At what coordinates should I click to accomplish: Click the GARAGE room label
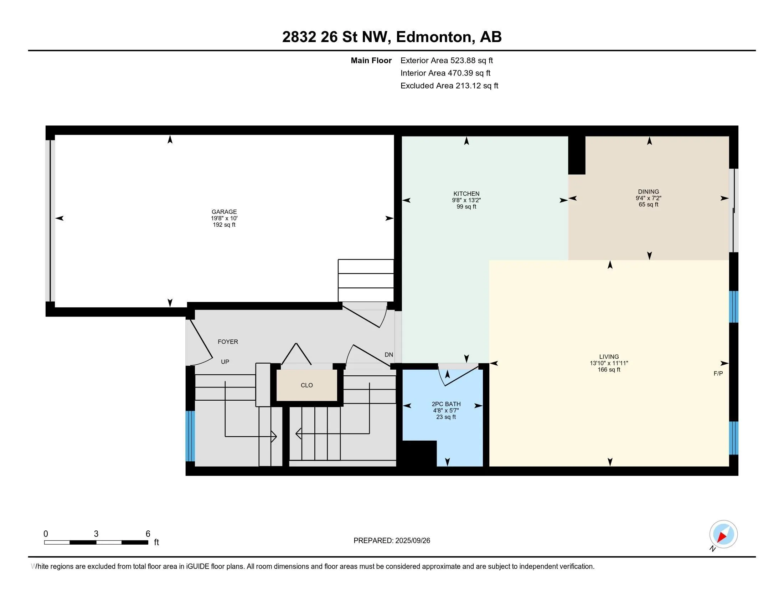pyautogui.click(x=224, y=212)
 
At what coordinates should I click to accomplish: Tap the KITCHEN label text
pyautogui.click(x=466, y=194)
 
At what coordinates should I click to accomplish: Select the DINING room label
pyautogui.click(x=648, y=192)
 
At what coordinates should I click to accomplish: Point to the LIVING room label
pyautogui.click(x=609, y=357)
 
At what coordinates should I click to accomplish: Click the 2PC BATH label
pyautogui.click(x=446, y=404)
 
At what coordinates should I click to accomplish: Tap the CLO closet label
pyautogui.click(x=306, y=385)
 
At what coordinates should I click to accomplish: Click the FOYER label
pyautogui.click(x=228, y=342)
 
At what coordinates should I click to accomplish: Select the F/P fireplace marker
pyautogui.click(x=718, y=374)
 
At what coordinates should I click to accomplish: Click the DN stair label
pyautogui.click(x=389, y=355)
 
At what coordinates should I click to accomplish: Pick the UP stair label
pyautogui.click(x=225, y=362)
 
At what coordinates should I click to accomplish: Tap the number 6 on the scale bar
pyautogui.click(x=148, y=534)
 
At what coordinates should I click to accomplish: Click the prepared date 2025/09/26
pyautogui.click(x=412, y=541)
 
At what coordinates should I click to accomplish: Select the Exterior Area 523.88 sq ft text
pyautogui.click(x=447, y=61)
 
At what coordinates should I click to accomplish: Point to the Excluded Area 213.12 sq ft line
pyautogui.click(x=449, y=86)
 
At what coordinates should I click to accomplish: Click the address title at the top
pyautogui.click(x=392, y=37)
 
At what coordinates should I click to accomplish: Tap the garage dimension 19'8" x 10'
pyautogui.click(x=224, y=218)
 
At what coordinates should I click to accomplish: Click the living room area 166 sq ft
pyautogui.click(x=609, y=370)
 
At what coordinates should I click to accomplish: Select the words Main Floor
pyautogui.click(x=371, y=61)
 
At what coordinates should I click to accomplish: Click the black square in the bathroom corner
pyautogui.click(x=419, y=453)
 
